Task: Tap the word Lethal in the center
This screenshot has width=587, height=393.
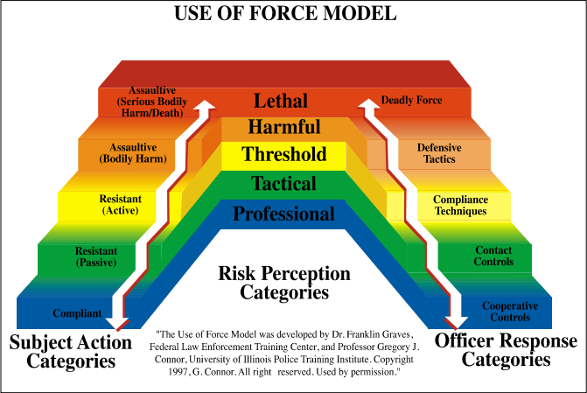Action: (x=286, y=100)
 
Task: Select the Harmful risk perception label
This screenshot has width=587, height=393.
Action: (x=284, y=127)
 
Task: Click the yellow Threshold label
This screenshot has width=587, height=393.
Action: (x=284, y=155)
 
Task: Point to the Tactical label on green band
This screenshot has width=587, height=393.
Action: (x=283, y=184)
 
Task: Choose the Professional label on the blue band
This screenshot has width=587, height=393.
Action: (x=283, y=214)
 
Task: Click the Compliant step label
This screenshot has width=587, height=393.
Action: (x=77, y=312)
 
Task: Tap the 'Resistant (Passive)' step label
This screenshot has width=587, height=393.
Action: (x=95, y=256)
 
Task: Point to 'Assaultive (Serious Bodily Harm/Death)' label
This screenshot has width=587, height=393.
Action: (x=150, y=102)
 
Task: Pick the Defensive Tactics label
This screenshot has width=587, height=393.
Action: (x=439, y=153)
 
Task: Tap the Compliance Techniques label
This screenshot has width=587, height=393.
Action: (x=460, y=206)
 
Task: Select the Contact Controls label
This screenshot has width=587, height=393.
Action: (x=493, y=256)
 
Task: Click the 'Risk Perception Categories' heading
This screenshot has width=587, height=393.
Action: (x=284, y=283)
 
